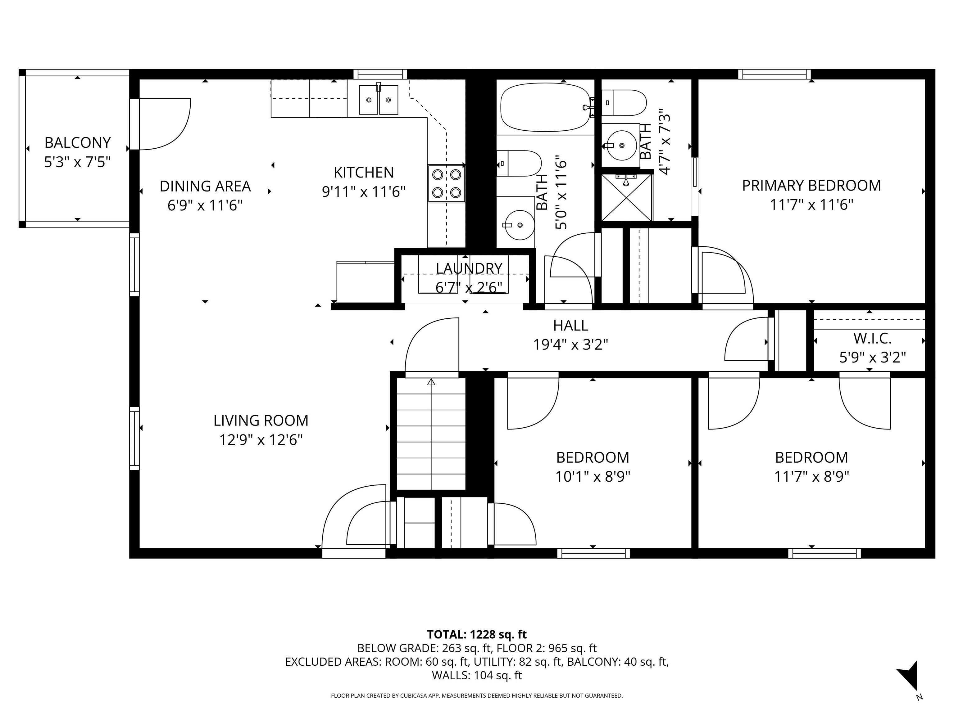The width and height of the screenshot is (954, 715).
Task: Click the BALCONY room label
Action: pyautogui.click(x=78, y=143)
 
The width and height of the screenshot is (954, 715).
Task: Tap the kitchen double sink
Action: pyautogui.click(x=378, y=100)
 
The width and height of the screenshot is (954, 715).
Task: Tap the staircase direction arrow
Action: pyautogui.click(x=431, y=382)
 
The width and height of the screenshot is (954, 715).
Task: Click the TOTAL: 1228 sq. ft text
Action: pyautogui.click(x=477, y=634)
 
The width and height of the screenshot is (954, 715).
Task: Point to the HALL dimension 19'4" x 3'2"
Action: pyautogui.click(x=570, y=345)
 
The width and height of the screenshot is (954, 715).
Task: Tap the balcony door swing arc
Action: pyautogui.click(x=173, y=129)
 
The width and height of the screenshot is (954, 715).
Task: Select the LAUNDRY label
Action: pyautogui.click(x=469, y=268)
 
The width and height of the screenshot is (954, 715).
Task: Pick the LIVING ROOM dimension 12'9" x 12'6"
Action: pyautogui.click(x=261, y=440)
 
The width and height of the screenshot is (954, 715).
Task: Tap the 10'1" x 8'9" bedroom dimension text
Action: pyautogui.click(x=593, y=477)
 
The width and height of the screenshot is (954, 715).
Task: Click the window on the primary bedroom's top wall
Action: pyautogui.click(x=774, y=74)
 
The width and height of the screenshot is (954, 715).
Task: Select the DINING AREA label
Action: pyautogui.click(x=205, y=186)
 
